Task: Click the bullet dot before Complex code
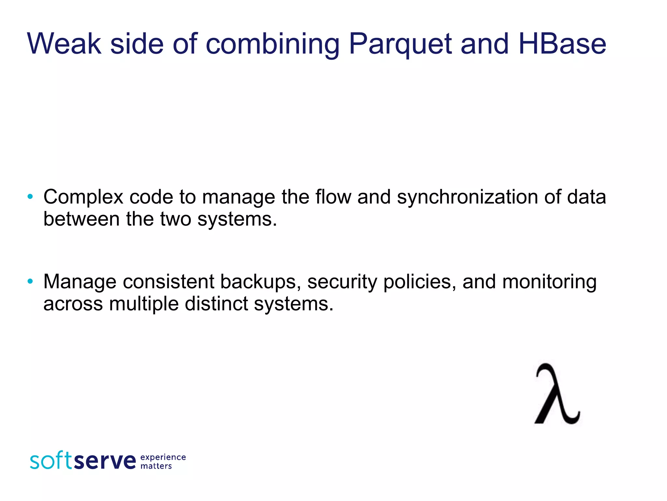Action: [x=30, y=197]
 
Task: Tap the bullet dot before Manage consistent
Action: [x=30, y=281]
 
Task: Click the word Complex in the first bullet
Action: [x=83, y=197]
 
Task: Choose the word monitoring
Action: [x=549, y=282]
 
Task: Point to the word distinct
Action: [x=216, y=303]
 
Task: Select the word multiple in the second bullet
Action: [x=144, y=304]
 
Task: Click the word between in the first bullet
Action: [x=82, y=219]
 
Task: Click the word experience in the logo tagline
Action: [x=163, y=457]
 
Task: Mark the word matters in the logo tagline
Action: [x=156, y=466]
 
